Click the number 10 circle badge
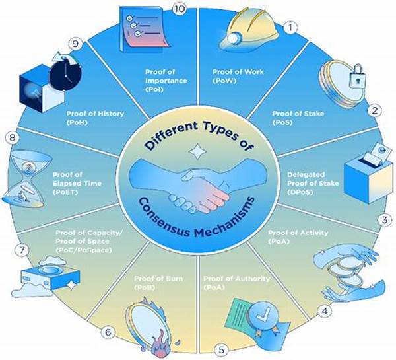click(180, 9)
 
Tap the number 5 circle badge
click(221, 350)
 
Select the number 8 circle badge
click(13, 138)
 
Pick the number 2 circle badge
click(374, 110)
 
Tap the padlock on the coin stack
click(357, 76)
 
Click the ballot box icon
click(369, 174)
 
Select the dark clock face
click(65, 74)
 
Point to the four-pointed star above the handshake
click(197, 152)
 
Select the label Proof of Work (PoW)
click(238, 77)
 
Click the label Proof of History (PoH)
click(95, 118)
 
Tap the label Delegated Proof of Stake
click(313, 179)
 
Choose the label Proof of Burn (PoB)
click(158, 283)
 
